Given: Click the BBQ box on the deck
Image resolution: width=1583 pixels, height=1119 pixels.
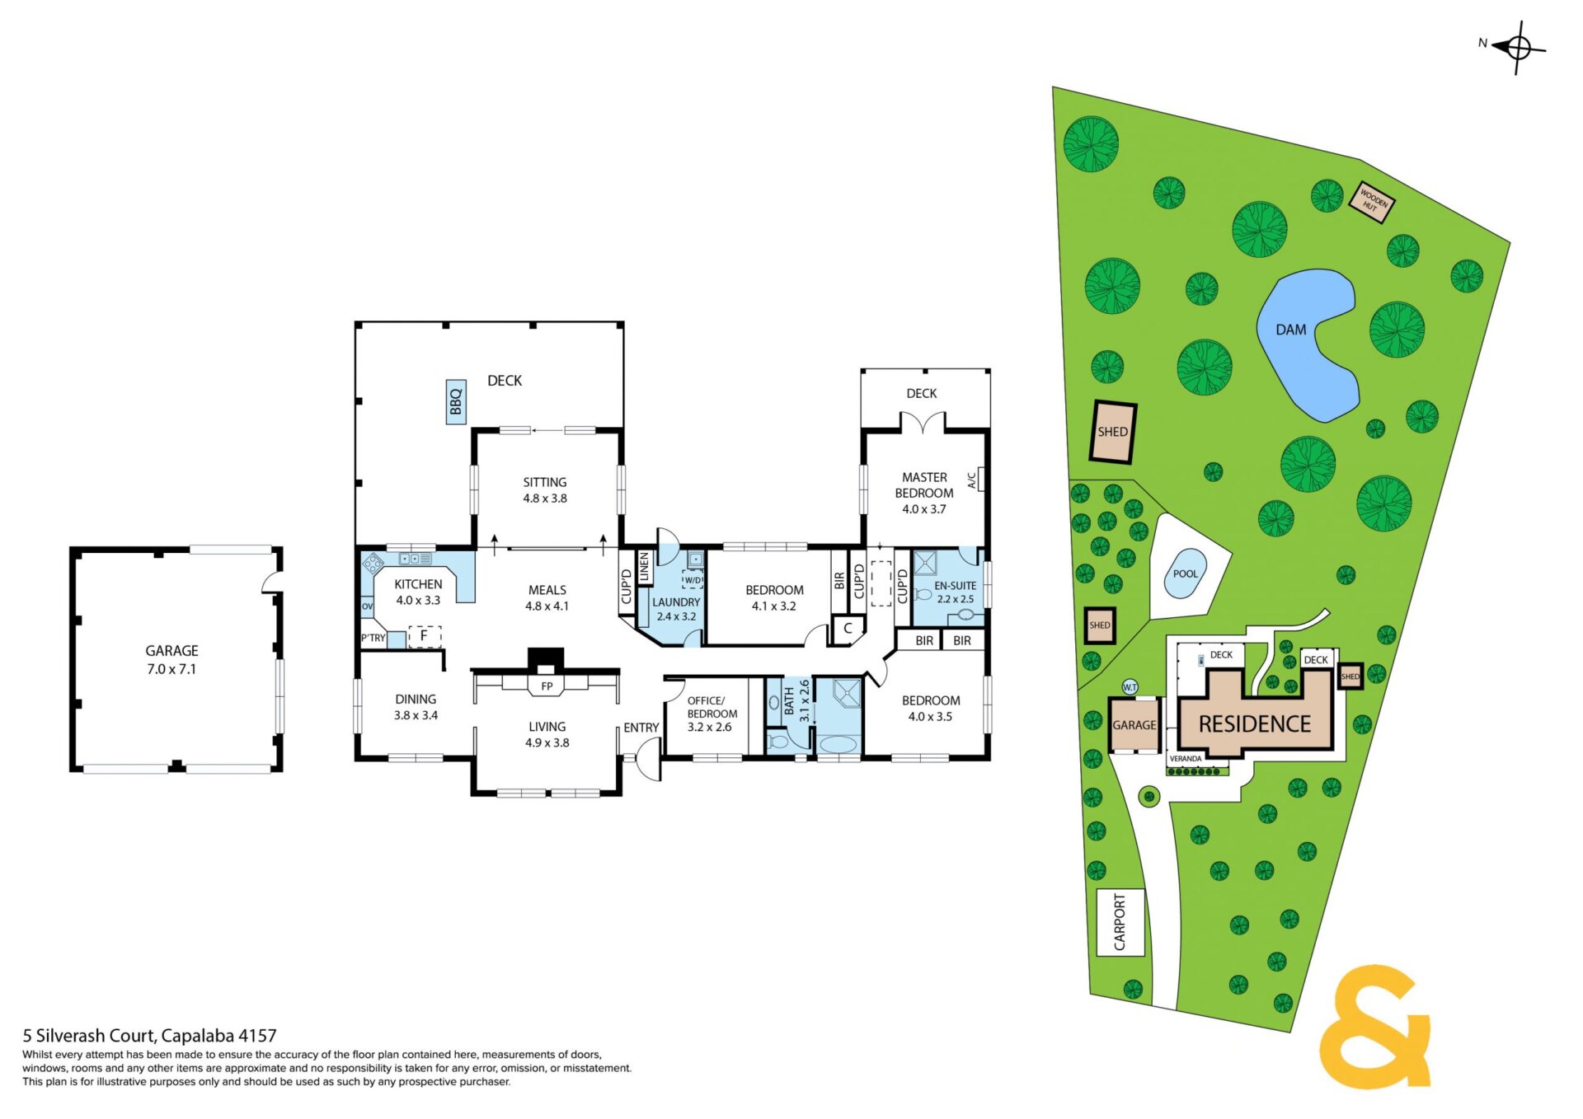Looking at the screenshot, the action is click(456, 402).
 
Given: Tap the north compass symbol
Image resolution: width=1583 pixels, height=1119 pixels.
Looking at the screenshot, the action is click(1518, 48).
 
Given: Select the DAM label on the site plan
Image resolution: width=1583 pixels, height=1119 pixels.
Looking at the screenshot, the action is click(1291, 330).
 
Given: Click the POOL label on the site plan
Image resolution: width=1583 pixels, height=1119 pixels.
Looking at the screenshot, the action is click(1185, 574).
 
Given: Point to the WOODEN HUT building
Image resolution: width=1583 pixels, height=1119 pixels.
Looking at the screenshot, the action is click(1372, 202).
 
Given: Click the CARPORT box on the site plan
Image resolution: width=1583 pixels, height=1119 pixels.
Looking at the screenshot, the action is click(1120, 922).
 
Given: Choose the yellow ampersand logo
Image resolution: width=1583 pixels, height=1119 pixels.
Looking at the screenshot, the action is click(1375, 1026).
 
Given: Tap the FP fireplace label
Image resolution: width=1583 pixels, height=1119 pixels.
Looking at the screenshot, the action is click(547, 686).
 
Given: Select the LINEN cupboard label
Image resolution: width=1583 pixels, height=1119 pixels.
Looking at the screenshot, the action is click(644, 566).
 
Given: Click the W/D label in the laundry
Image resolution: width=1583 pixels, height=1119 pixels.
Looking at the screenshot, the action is click(693, 580).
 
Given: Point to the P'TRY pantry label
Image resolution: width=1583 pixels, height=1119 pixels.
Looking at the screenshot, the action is click(373, 638).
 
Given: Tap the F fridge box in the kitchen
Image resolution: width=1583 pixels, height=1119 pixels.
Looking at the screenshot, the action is click(425, 636).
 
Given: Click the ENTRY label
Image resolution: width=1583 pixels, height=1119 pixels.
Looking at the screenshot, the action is click(641, 728).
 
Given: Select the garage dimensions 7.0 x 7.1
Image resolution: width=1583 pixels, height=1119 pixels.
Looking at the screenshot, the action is click(171, 669).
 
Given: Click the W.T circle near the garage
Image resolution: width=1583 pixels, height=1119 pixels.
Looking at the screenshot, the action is click(1130, 687).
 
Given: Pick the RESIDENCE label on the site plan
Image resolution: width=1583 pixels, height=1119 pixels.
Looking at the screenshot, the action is click(1255, 724).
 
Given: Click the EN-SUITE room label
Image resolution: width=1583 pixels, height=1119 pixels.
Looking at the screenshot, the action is click(955, 586).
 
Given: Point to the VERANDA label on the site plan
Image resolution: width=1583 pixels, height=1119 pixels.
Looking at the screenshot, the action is click(1186, 759).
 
